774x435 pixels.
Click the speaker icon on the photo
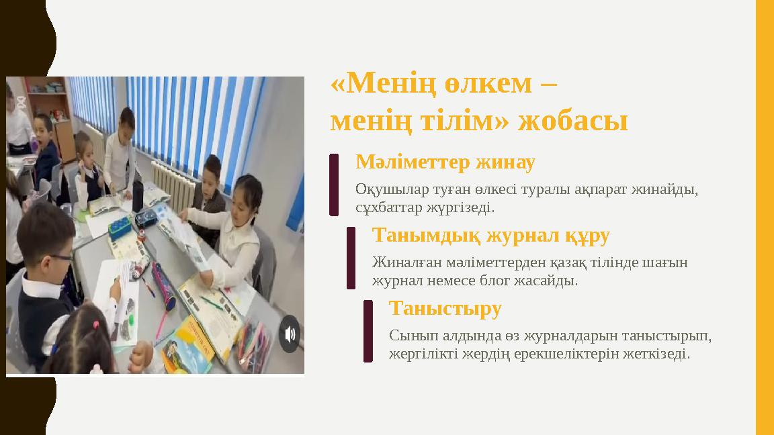pos(290,334)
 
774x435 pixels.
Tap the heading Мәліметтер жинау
pos(445,162)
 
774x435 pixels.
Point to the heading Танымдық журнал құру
pos(490,236)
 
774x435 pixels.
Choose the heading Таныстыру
pos(445,309)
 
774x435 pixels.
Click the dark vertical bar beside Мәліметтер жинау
pos(334,185)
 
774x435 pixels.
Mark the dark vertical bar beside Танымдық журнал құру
pos(351,258)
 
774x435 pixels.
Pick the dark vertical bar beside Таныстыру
pos(368,331)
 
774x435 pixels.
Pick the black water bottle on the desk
pos(138,195)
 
